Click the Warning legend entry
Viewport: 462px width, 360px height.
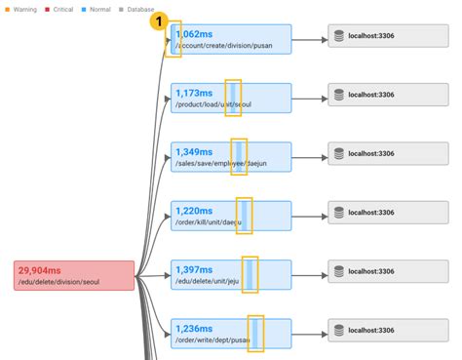[x=22, y=9]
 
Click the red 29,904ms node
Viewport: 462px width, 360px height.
[x=74, y=276]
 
